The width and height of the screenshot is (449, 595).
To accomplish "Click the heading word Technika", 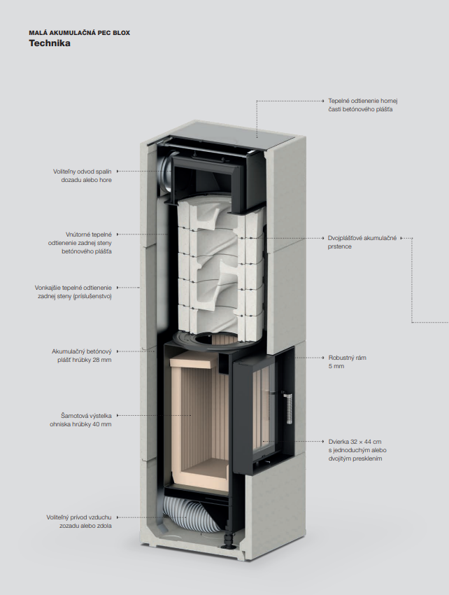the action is pos(49,43).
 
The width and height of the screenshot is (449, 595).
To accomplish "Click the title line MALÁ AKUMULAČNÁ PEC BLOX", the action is pos(79,32).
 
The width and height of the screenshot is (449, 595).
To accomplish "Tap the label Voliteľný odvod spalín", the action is pos(83,171).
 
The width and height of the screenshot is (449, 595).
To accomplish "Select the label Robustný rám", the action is pos(347,358).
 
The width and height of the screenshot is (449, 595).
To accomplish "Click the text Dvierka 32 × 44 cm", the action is pos(355,442).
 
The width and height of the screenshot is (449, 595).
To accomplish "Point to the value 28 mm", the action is pos(101,360).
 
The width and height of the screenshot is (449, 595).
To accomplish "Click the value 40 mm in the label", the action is pos(101,424).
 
